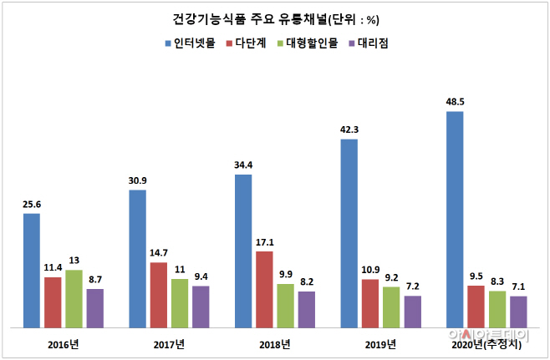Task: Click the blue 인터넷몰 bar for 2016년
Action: pyautogui.click(x=31, y=270)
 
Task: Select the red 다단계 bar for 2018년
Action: pyautogui.click(x=264, y=289)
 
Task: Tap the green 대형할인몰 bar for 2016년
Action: pyautogui.click(x=74, y=298)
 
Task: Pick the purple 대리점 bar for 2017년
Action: pyautogui.click(x=201, y=306)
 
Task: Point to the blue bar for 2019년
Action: pyautogui.click(x=349, y=232)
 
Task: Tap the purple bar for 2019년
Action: pyautogui.click(x=412, y=311)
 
